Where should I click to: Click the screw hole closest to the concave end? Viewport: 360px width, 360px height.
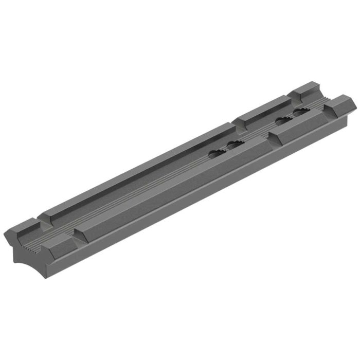click(x=216, y=153)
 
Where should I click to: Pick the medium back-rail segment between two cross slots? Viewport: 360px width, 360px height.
click(x=260, y=111)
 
